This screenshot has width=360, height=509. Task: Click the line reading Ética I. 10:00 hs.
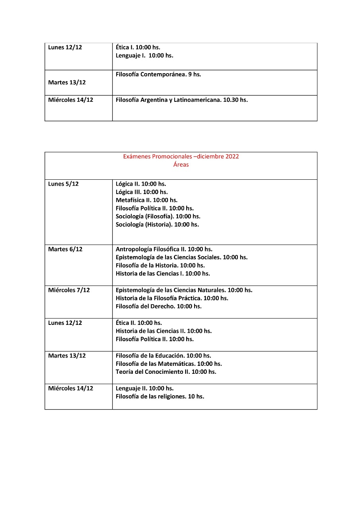point(138,47)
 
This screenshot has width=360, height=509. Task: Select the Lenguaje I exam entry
point(144,56)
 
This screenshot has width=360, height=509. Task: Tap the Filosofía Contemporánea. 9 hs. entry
point(158,74)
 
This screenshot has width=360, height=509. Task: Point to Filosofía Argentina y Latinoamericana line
point(181,100)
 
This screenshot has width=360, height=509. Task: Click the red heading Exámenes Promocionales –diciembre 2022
point(181,157)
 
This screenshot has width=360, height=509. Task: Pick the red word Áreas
point(181,165)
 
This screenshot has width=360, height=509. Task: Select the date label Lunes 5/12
point(63,184)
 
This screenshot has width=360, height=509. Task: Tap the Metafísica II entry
point(146,200)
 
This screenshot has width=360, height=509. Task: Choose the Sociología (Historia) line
point(157,225)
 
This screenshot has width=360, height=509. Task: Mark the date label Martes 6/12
point(65,249)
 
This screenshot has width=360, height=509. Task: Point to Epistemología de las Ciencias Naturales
point(184,290)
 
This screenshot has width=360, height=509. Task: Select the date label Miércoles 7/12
point(69,290)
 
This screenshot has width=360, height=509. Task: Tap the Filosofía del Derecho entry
point(158,307)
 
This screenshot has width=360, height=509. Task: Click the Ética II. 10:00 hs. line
point(138,323)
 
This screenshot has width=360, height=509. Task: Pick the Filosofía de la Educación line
point(163,356)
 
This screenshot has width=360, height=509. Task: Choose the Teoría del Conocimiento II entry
point(166,372)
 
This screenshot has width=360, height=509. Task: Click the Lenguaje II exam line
point(144,389)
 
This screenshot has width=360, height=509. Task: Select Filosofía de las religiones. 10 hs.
point(160,396)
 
